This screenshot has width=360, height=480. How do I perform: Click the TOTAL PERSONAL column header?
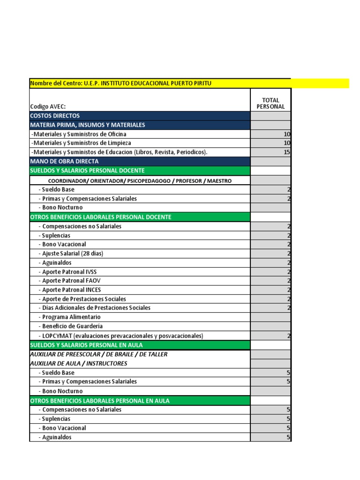[270, 103]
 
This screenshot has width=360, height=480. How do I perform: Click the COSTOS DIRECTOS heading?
[55, 116]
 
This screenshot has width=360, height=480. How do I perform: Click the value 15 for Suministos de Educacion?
[287, 152]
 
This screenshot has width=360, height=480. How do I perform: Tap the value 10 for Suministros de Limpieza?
[287, 143]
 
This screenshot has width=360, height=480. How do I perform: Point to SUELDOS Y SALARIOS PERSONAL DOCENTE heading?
[87, 171]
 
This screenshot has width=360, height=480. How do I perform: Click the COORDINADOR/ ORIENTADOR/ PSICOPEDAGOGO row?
[140, 180]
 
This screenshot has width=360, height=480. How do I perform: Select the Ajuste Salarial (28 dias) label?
[72, 254]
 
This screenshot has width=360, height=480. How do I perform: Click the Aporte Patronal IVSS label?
[69, 272]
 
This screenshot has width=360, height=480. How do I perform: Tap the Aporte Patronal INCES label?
[71, 290]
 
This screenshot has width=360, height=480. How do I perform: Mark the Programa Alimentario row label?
[71, 317]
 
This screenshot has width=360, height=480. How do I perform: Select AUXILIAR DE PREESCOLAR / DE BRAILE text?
[98, 354]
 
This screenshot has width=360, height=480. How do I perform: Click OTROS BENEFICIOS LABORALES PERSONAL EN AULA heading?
[100, 401]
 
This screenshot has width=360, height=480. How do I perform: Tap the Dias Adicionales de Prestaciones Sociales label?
[96, 308]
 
